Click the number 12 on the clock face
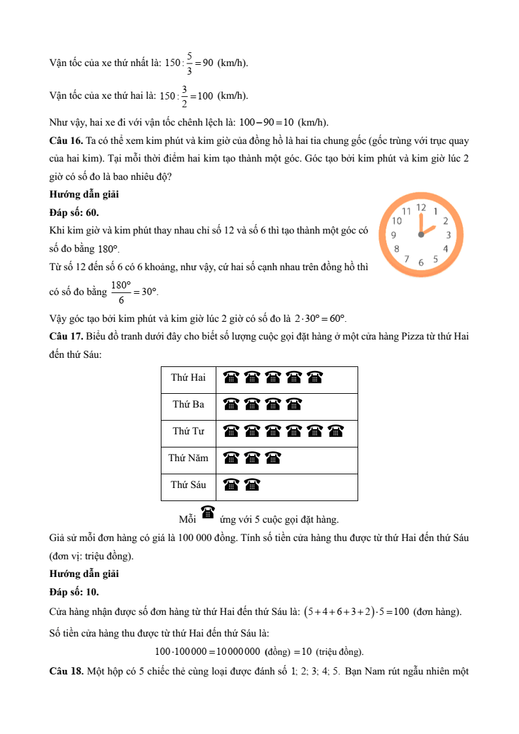[421, 207]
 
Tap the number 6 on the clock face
[421, 262]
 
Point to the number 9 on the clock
[393, 235]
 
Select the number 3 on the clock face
[448, 235]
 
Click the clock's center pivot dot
[421, 235]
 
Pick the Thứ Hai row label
[188, 377]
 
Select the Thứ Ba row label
[188, 404]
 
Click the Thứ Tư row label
[188, 431]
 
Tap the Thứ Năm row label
[188, 458]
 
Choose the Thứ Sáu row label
[188, 485]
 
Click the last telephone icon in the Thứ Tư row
[336, 431]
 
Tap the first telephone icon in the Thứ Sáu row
[231, 485]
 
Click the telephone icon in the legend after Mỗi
[208, 512]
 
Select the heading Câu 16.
[66, 141]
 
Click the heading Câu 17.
[66, 336]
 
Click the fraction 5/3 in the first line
[189, 63]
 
